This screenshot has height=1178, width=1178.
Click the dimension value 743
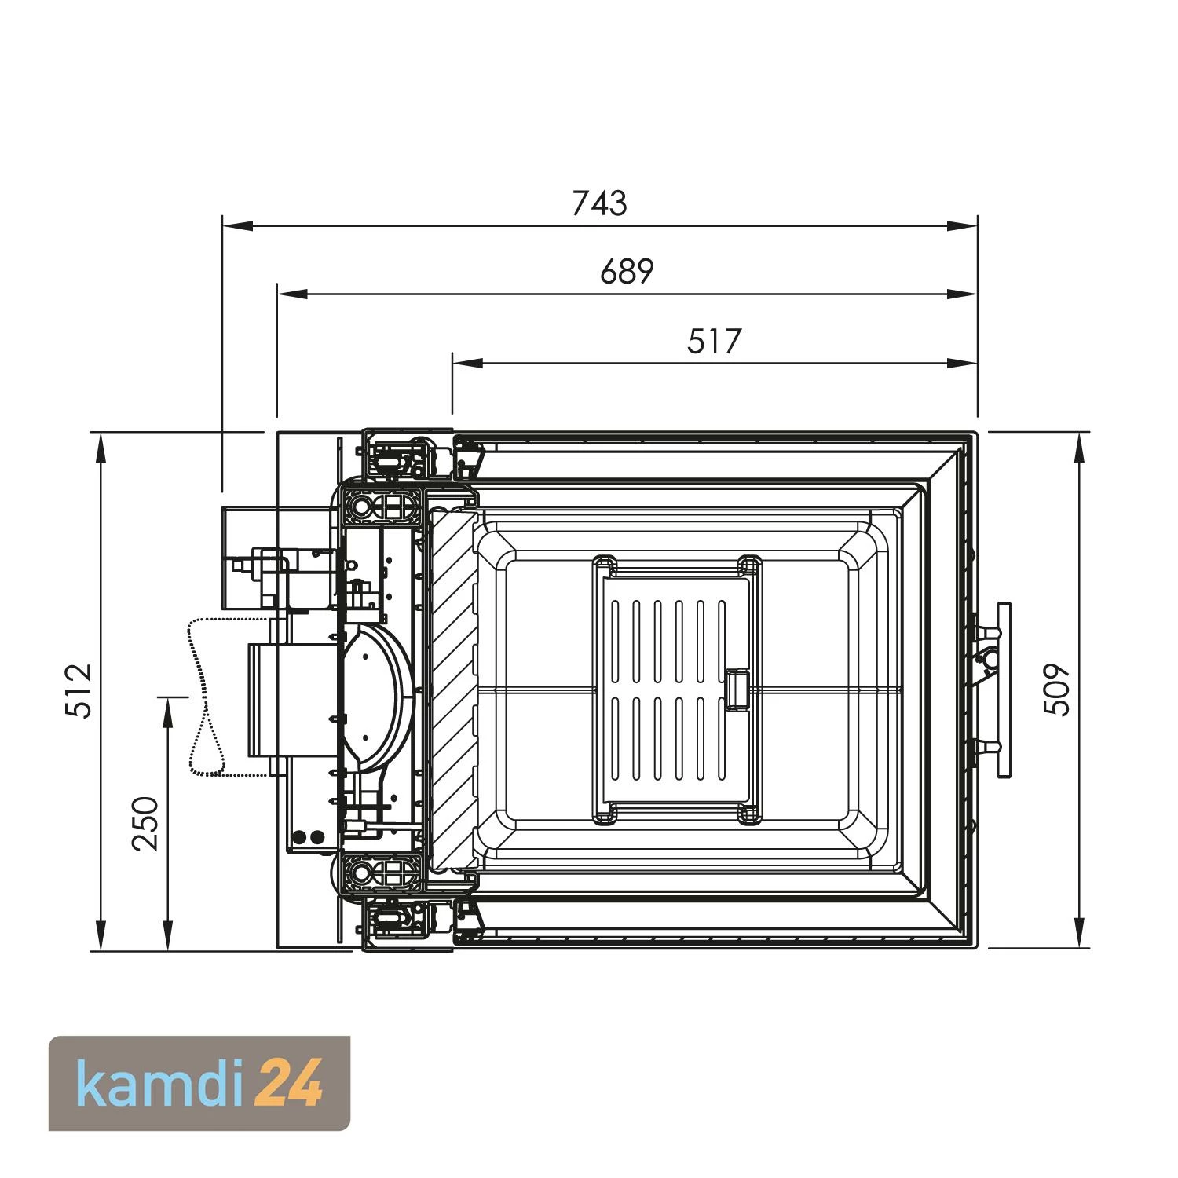(x=599, y=203)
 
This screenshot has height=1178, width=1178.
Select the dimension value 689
(x=627, y=272)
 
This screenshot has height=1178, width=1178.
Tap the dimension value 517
(x=714, y=342)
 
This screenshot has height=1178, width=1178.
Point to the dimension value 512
(x=79, y=690)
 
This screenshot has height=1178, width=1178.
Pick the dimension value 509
(x=1056, y=689)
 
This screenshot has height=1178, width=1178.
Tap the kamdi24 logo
(x=199, y=1084)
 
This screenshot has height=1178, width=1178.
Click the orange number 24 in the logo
(x=291, y=1083)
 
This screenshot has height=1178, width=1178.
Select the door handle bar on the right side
(x=1003, y=690)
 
